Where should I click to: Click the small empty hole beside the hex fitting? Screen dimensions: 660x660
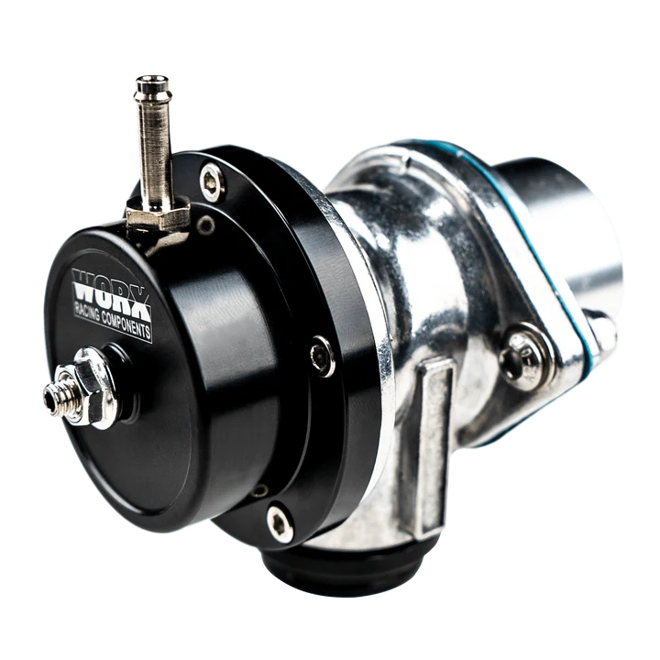[209, 224]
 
